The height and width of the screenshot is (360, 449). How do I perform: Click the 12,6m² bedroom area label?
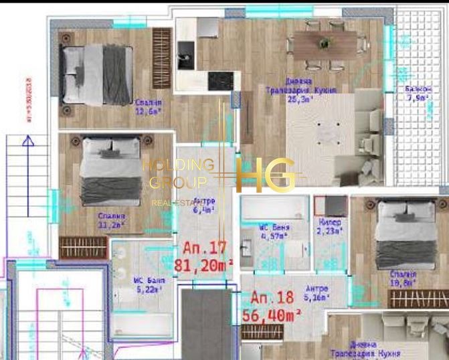[148, 107]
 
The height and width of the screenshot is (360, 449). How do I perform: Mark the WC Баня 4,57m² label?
[274, 232]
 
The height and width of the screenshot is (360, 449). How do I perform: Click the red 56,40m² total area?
[276, 314]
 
